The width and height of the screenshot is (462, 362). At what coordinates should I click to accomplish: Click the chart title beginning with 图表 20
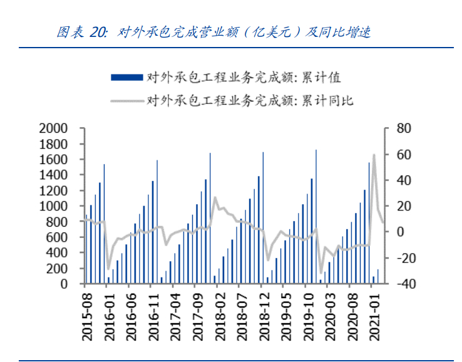(213, 33)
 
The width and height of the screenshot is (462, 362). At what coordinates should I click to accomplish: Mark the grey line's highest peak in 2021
(374, 155)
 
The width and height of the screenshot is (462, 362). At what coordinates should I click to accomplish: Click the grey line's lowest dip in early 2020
(321, 272)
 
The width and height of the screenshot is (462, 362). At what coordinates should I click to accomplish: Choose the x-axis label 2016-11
(150, 317)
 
